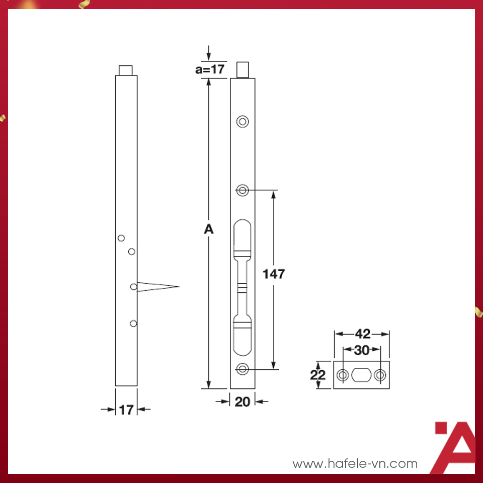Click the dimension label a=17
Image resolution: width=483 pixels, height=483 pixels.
210,69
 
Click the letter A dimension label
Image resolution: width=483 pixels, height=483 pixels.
209,229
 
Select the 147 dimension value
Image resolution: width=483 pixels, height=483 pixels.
274,274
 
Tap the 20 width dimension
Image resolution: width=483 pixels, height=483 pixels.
243,401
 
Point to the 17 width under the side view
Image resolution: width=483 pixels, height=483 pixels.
126,410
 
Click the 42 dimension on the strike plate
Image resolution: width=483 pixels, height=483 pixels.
362,334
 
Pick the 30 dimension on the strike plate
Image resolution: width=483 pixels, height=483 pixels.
361,351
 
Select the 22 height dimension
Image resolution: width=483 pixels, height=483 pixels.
317,375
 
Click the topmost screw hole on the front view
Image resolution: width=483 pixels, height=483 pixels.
243,121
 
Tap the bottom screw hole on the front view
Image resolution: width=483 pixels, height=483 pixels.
243,369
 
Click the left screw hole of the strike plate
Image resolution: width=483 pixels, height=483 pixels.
343,375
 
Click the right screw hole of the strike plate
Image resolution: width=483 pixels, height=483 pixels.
380,375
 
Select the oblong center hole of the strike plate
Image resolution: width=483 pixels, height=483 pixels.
362,375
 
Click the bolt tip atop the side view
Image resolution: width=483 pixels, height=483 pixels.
126,70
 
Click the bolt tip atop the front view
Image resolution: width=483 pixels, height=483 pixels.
243,70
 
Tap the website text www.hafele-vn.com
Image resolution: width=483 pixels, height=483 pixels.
355,463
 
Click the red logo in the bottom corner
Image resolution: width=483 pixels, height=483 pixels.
454,447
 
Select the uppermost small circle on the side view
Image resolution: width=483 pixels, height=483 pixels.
121,238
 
